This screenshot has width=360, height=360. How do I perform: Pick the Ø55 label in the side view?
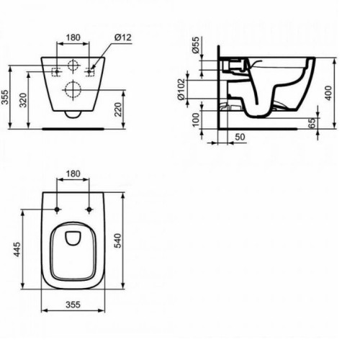tap(195, 44)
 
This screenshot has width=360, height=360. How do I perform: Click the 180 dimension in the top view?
tap(73, 174)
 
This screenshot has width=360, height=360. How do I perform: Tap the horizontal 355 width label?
tap(73, 305)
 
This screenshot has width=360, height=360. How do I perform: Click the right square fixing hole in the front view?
tap(91, 71)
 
